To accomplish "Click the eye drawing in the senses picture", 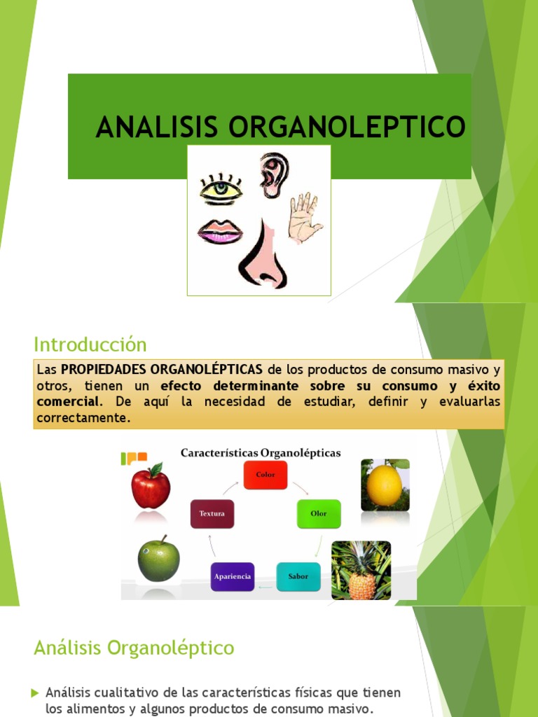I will (221, 190).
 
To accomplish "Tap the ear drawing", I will (274, 175).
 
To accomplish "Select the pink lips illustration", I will (220, 232).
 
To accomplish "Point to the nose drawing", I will (263, 256).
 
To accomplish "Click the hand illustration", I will (303, 218).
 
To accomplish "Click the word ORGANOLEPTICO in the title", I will (347, 127).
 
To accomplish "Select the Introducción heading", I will (90, 344).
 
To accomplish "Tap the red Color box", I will (265, 475).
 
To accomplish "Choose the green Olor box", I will (319, 514).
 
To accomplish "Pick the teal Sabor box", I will (298, 576).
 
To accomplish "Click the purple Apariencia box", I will (232, 576).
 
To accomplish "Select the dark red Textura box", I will (212, 514).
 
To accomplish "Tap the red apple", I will (151, 486).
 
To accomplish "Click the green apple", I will (158, 559).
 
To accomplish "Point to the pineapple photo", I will (361, 570).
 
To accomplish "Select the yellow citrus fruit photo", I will (385, 485).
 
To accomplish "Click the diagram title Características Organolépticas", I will (261, 453).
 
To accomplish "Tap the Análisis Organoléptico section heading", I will (134, 648).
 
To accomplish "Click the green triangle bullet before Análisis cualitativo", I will (35, 693).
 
